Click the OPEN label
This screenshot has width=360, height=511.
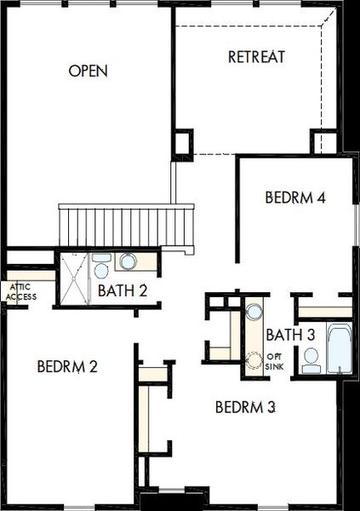coord(89,71)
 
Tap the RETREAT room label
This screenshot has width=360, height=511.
coord(256,57)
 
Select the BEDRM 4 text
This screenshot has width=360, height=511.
coord(295,197)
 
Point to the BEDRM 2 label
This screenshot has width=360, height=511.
coord(68,367)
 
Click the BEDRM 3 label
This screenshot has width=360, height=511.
coord(245,406)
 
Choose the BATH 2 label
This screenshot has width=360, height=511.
coord(123,290)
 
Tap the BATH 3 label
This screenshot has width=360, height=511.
coord(291,334)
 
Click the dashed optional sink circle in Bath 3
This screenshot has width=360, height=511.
coord(253,360)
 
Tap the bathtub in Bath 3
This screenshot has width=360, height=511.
coord(339,348)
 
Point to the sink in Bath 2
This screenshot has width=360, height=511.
coord(129,261)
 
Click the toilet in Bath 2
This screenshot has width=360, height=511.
coord(101,267)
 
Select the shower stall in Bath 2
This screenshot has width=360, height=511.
coord(72,278)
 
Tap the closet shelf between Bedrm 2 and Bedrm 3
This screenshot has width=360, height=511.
coord(153,374)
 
